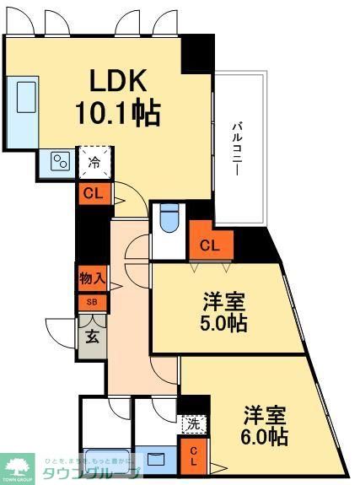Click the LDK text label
pyautogui.click(x=121, y=81)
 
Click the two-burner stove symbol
pyautogui.click(x=59, y=161)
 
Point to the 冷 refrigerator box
pyautogui.click(x=94, y=163)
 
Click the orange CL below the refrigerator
pyautogui.click(x=94, y=193)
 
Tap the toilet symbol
pyautogui.click(x=168, y=218)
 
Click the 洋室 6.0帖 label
pyautogui.click(x=265, y=426)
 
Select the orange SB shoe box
pyautogui.click(x=92, y=302)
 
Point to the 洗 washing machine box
pyautogui.click(x=192, y=424)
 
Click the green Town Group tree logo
pyautogui.click(x=16, y=466)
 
